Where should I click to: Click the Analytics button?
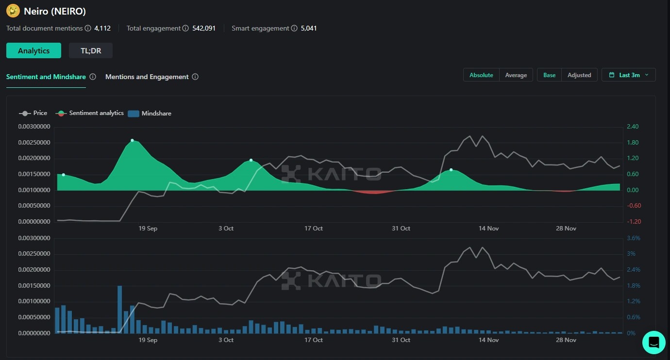click(33, 50)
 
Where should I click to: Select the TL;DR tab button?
click(91, 50)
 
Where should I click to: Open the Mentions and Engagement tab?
click(147, 77)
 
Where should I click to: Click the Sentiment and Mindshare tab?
click(46, 77)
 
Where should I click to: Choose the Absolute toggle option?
click(481, 75)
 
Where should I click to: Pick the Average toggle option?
click(516, 75)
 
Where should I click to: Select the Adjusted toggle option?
click(579, 75)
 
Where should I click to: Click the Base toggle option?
click(549, 75)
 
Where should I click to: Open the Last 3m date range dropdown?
click(629, 75)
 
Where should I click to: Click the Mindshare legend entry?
click(150, 114)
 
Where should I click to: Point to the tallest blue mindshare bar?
click(119, 309)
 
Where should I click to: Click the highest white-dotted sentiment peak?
click(132, 140)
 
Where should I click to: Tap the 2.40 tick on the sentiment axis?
click(633, 127)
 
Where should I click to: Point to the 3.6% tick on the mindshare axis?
click(634, 238)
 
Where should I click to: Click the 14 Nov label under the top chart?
click(488, 228)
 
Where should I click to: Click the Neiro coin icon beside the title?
click(13, 11)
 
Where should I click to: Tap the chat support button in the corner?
click(653, 342)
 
